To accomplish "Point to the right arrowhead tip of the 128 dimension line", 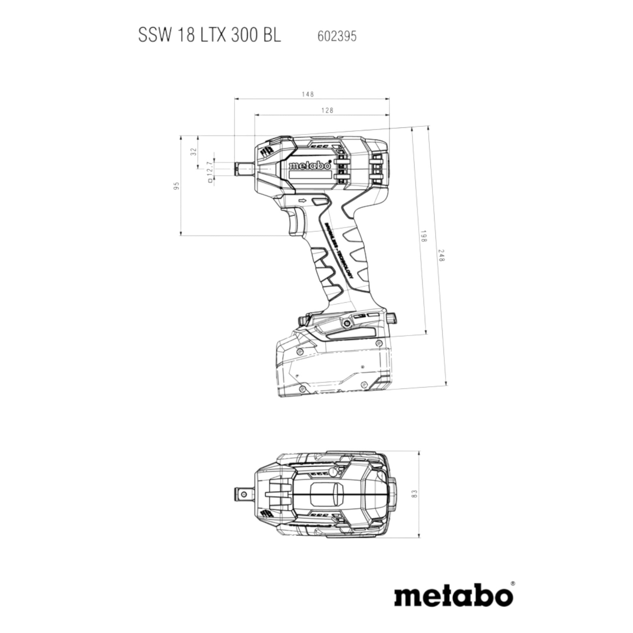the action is (x=390, y=115).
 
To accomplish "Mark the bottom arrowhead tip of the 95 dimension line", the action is (x=181, y=235).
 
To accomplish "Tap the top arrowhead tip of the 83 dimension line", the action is (x=419, y=451).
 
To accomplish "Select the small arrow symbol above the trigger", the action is (x=302, y=200).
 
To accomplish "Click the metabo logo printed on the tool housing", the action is (x=309, y=166).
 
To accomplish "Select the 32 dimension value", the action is (x=193, y=151).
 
